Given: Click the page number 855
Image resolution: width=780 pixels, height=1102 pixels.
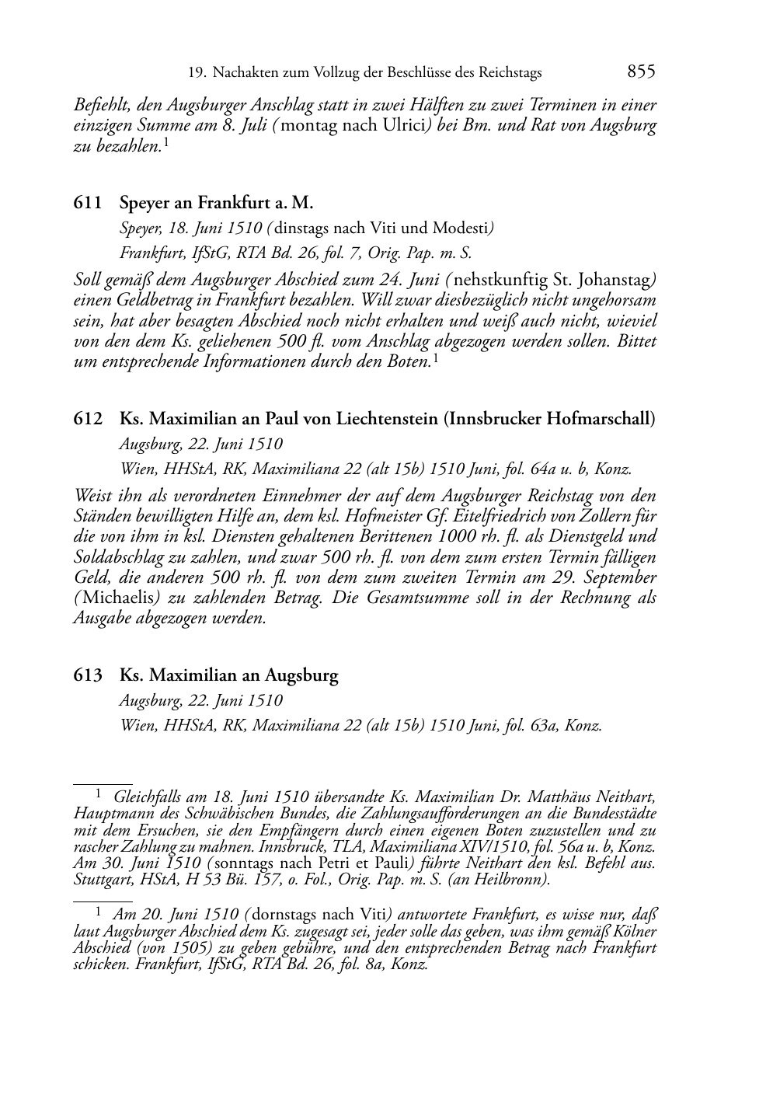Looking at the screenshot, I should (641, 71).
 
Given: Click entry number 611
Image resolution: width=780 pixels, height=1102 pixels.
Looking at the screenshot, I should (88, 204).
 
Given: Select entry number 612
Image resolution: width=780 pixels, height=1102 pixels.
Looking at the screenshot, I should (88, 419).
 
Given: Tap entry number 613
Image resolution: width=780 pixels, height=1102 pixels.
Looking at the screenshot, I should (88, 675).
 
